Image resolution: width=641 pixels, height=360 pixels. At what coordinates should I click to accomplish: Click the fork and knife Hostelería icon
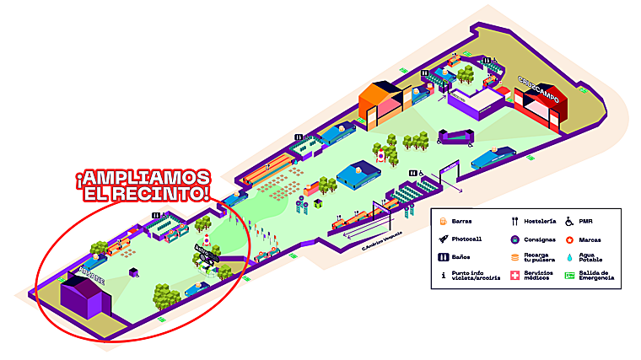(x=513, y=221)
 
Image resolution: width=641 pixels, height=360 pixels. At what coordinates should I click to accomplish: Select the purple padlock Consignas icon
(x=513, y=239)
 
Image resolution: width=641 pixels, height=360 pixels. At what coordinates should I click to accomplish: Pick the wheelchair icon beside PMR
(x=571, y=221)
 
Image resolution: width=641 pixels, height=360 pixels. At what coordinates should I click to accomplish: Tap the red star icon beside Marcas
(x=571, y=239)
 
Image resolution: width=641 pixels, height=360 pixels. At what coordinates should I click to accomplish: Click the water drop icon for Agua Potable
(x=571, y=256)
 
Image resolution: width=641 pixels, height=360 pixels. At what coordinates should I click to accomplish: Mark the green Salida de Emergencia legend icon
(x=571, y=276)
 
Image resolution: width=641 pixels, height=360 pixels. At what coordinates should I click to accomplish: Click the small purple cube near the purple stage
(x=133, y=272)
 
